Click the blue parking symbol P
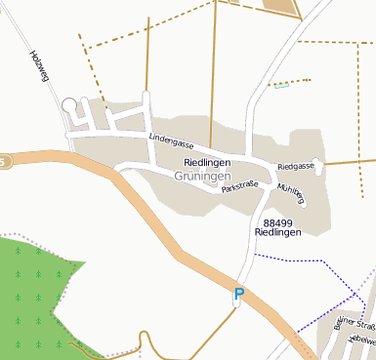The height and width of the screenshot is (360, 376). (x=238, y=293)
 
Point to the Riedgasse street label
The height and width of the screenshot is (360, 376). (x=296, y=167)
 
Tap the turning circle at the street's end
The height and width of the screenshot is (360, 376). (x=68, y=104)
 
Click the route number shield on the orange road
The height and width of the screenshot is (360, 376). (x=3, y=160)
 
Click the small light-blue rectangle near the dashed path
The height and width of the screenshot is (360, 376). (x=281, y=86)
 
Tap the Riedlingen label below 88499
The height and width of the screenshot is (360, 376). (x=278, y=234)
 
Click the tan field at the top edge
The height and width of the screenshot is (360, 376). (x=280, y=5)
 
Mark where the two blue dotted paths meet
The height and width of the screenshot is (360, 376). (x=354, y=292)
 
